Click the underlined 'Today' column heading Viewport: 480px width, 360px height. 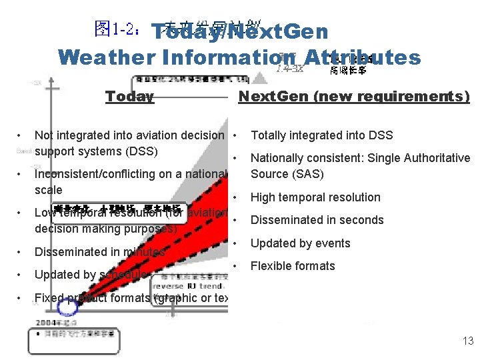pos(129,97)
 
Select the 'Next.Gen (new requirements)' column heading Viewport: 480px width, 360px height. pos(354,97)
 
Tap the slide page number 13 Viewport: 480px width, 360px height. pos(467,341)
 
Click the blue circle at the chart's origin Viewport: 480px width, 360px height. pos(67,307)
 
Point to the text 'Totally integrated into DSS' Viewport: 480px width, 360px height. pos(321,135)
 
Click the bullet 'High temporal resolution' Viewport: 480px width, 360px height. pos(315,197)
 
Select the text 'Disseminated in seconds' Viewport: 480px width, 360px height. pos(317,220)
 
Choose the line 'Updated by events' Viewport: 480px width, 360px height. pos(300,243)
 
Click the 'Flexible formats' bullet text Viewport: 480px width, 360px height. pos(293,266)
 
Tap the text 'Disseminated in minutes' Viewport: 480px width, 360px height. pos(99,252)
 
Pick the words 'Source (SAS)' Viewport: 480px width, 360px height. pos(287,174)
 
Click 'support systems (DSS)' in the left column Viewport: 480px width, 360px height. pos(96,151)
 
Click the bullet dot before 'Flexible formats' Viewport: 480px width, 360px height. pos(237,266)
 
